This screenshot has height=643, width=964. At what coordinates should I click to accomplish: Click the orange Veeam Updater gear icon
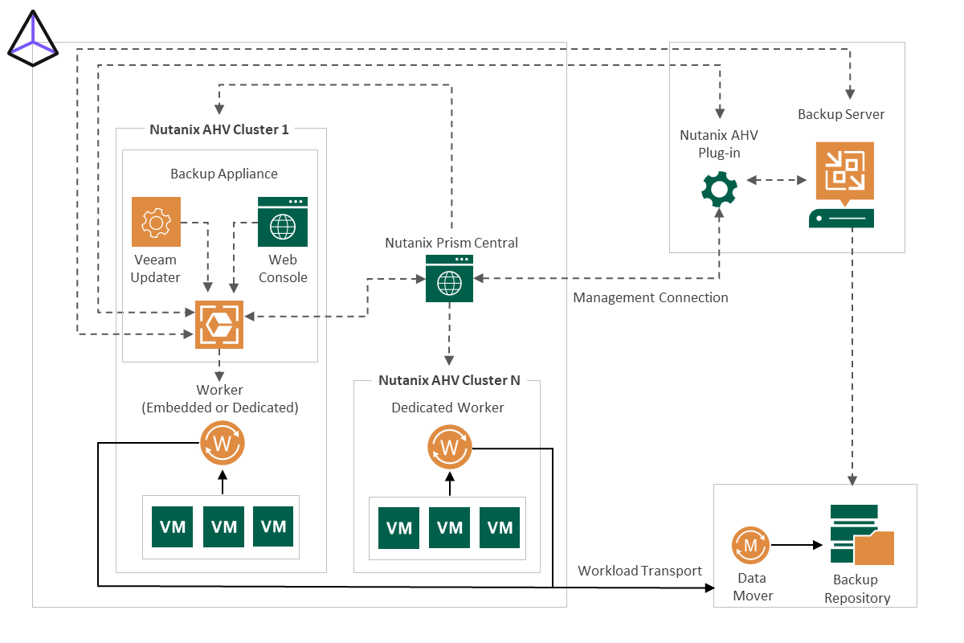[x=156, y=222]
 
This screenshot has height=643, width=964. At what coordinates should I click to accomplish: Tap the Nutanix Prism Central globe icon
[x=449, y=278]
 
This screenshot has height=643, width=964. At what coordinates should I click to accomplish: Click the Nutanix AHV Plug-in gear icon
[x=719, y=189]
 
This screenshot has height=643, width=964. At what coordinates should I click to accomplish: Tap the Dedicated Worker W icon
[x=449, y=446]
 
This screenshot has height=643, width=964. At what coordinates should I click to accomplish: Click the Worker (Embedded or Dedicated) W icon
[x=223, y=443]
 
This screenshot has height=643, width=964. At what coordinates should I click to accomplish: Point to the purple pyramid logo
[x=32, y=40]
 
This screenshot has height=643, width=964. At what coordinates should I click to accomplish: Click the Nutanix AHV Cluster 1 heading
[x=219, y=129]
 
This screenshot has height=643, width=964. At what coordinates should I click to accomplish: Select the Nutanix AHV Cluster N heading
[x=449, y=380]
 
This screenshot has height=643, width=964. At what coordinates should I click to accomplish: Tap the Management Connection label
[x=651, y=297]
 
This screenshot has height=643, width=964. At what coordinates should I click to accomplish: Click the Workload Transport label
[x=640, y=571]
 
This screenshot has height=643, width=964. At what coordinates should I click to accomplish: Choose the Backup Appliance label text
[x=224, y=174]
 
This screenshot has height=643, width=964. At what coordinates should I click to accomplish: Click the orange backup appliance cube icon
[x=219, y=324]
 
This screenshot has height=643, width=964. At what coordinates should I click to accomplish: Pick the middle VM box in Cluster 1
[x=223, y=526]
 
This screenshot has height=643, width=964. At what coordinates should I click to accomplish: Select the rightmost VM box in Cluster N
[x=500, y=528]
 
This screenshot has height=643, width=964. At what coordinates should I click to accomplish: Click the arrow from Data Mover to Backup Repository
[x=797, y=545]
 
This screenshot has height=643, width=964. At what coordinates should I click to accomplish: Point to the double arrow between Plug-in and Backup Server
[x=776, y=181]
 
